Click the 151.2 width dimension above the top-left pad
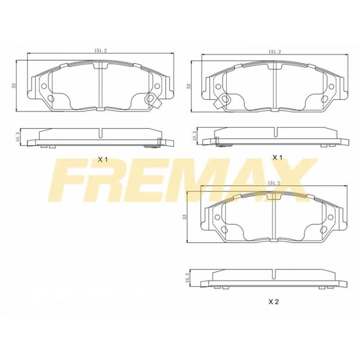tap(100, 50)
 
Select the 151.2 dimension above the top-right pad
tap(274, 51)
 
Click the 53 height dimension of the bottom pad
tap(184, 217)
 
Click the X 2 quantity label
tap(273, 302)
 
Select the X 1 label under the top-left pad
tap(102, 159)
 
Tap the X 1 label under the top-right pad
tap(278, 157)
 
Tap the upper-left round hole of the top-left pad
tap(43, 86)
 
